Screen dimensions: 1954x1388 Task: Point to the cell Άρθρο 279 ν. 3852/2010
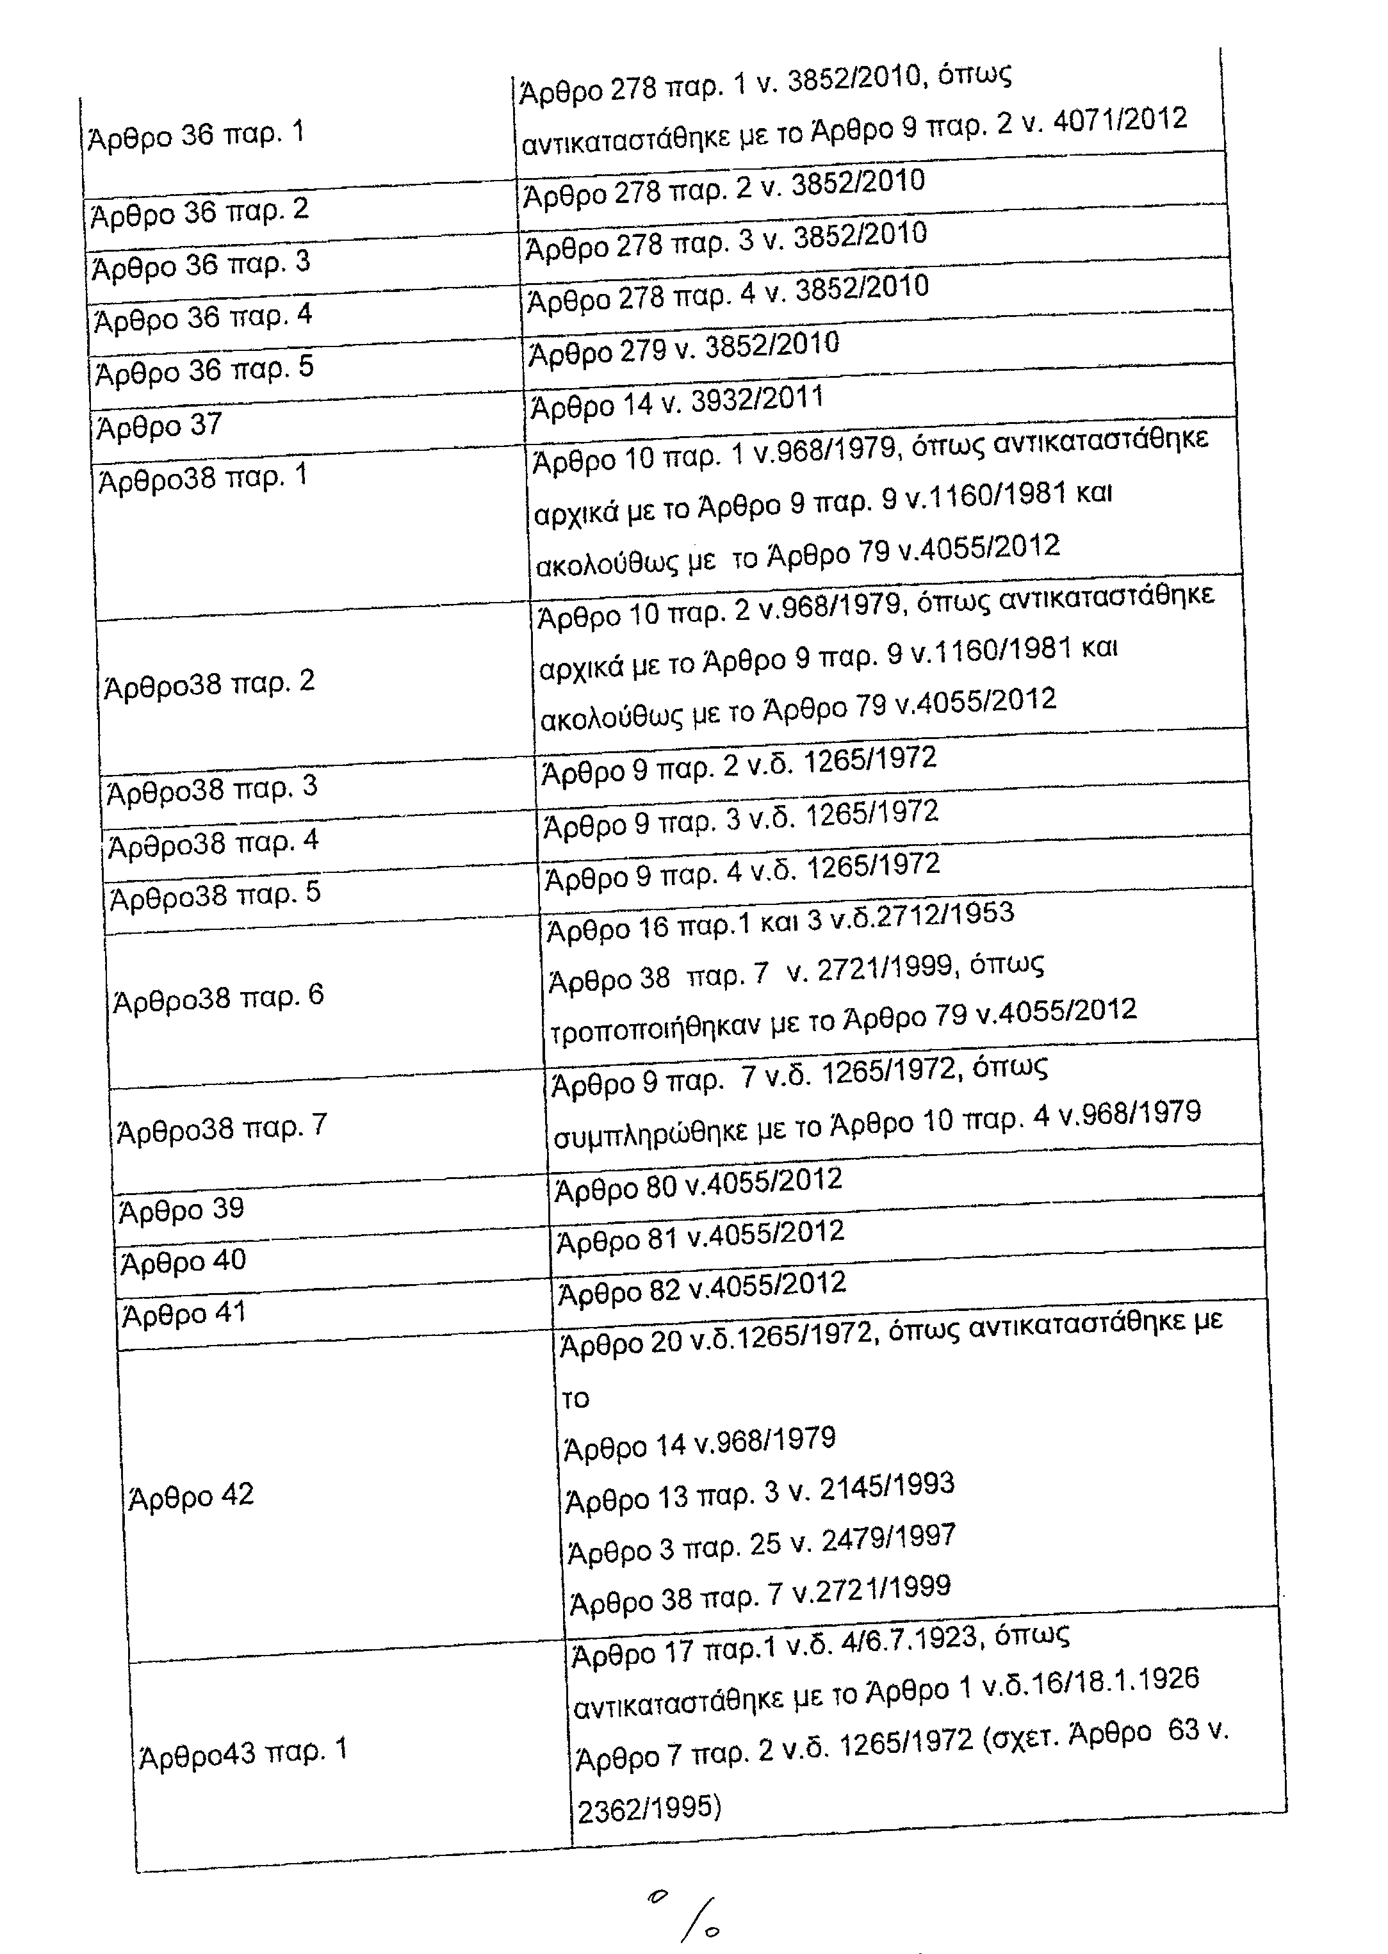coord(683,348)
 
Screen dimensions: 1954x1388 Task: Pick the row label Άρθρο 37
coord(160,425)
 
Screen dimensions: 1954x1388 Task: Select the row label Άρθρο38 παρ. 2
coord(209,683)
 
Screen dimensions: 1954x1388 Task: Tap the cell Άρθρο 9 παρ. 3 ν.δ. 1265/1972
coord(741,818)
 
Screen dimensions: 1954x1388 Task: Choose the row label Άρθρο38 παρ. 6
coord(219,997)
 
